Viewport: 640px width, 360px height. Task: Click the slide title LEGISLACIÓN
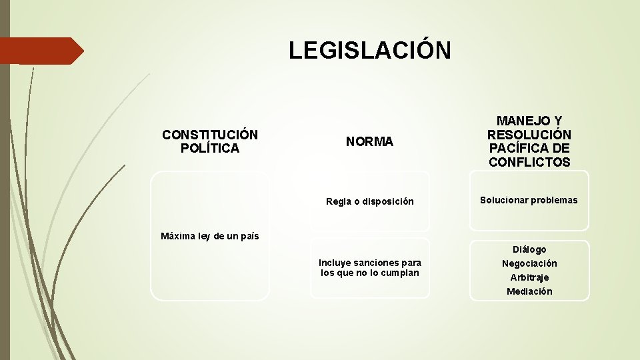[x=369, y=50]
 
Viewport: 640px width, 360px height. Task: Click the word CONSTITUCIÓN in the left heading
[x=210, y=135]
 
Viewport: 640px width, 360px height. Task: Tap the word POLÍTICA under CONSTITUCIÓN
[x=210, y=148]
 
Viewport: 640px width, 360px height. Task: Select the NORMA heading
[x=369, y=141]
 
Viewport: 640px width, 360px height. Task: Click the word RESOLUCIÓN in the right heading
[x=529, y=135]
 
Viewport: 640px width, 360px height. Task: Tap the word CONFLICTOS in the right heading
[x=529, y=162]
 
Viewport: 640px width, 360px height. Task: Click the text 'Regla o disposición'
[x=369, y=201]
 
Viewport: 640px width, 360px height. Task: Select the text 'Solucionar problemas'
[x=529, y=200]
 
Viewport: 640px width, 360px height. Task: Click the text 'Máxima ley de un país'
[x=210, y=236]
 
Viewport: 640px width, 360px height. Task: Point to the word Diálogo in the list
[x=529, y=249]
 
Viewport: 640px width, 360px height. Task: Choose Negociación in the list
[x=529, y=263]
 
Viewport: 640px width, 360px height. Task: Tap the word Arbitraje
[x=529, y=277]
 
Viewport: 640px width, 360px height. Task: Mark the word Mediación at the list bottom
[x=529, y=291]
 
